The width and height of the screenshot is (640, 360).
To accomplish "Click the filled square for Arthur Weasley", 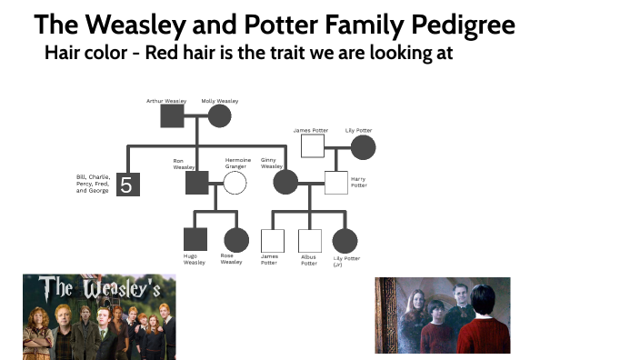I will coord(172,115).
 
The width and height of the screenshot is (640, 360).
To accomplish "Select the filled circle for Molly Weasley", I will coord(219,115).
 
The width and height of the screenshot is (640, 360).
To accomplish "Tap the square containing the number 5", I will coord(126,185).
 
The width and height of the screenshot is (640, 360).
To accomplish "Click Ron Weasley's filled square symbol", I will coord(197,183).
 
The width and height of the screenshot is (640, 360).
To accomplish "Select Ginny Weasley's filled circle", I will coord(285,183).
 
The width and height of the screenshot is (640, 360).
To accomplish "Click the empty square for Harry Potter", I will coord(336,183).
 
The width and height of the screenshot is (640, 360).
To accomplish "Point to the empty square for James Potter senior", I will coord(313,147).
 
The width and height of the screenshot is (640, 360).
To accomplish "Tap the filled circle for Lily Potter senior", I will coord(363,147).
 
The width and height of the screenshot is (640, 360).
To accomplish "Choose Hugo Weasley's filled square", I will coord(195,240).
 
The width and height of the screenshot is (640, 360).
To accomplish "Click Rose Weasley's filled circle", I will coord(236,240).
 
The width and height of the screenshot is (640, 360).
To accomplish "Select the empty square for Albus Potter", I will coord(310,240).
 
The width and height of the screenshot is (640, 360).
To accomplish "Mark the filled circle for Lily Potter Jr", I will coord(344,240).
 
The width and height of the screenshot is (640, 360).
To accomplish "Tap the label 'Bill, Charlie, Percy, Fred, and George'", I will coord(93,185).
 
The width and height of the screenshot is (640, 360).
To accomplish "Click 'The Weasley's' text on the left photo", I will coord(99,288).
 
